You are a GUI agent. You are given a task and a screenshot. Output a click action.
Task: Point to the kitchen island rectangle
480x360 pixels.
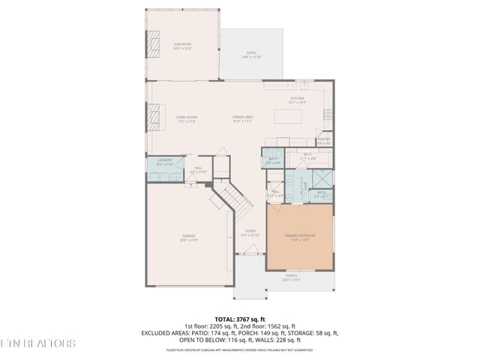[x=288, y=117]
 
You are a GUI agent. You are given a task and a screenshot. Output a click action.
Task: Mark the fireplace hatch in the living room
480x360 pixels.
[x=157, y=117]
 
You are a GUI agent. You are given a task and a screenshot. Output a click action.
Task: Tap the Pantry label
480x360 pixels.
[x=323, y=139]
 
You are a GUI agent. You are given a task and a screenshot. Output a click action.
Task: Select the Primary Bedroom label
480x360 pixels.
[x=299, y=237]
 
